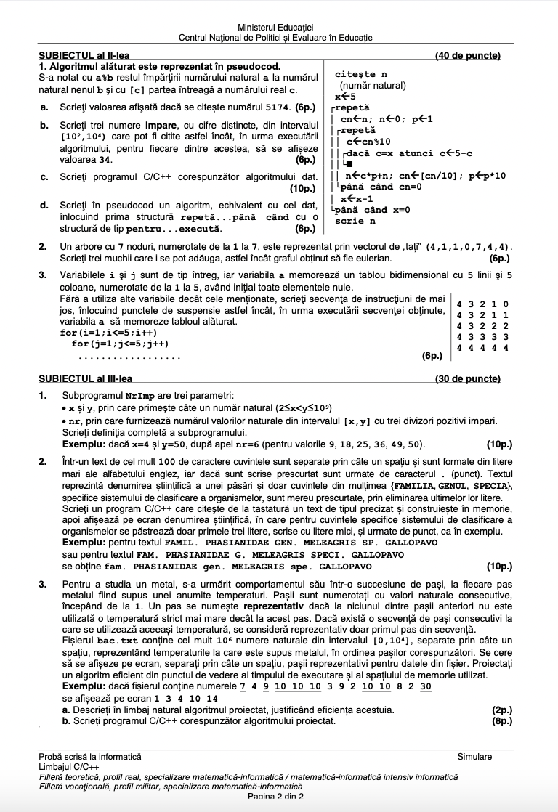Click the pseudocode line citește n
(361, 74)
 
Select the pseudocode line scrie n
(354, 221)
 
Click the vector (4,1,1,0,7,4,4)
(468, 247)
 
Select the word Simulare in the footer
(474, 756)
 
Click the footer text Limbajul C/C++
(70, 766)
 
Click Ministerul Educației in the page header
(279, 26)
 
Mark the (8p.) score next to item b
(501, 721)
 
